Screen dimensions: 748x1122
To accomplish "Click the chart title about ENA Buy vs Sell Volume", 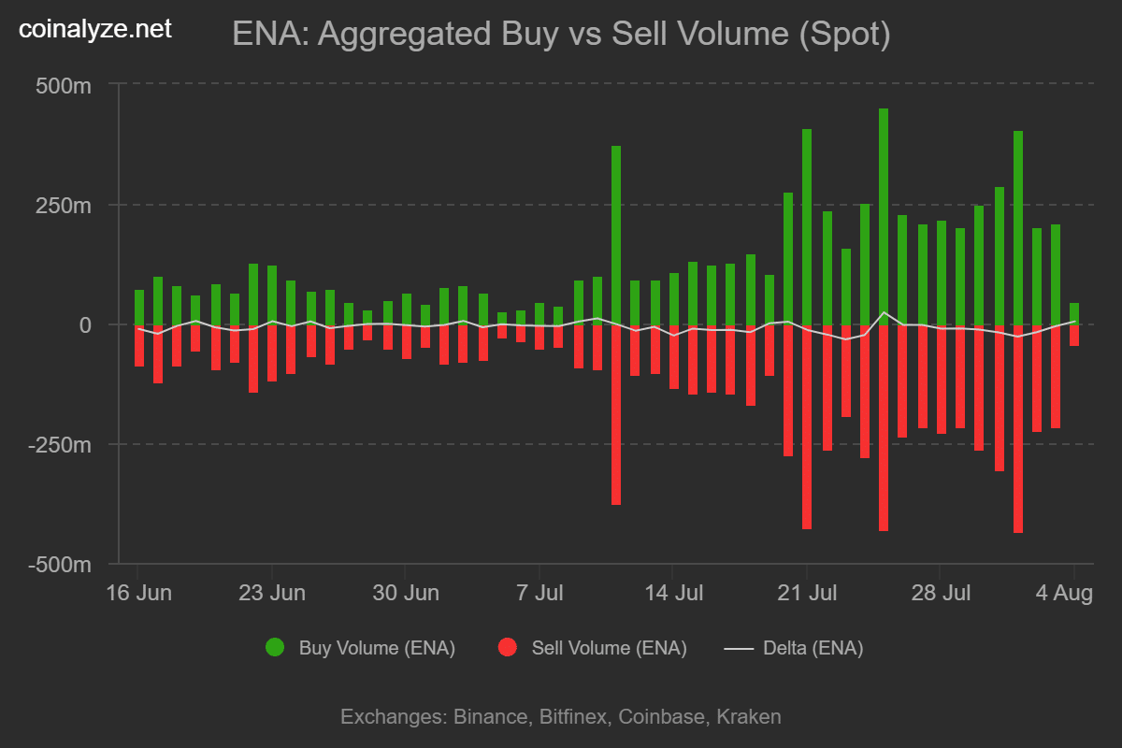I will [561, 35].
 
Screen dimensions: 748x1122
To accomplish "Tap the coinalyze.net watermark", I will [96, 29].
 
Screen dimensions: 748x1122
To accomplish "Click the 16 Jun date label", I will [138, 594].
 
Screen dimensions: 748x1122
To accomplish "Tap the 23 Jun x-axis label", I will [272, 594].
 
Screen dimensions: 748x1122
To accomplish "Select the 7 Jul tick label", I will [539, 594].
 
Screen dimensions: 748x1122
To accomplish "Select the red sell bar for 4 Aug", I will [1074, 335].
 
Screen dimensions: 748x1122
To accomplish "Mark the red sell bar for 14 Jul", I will [673, 356].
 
